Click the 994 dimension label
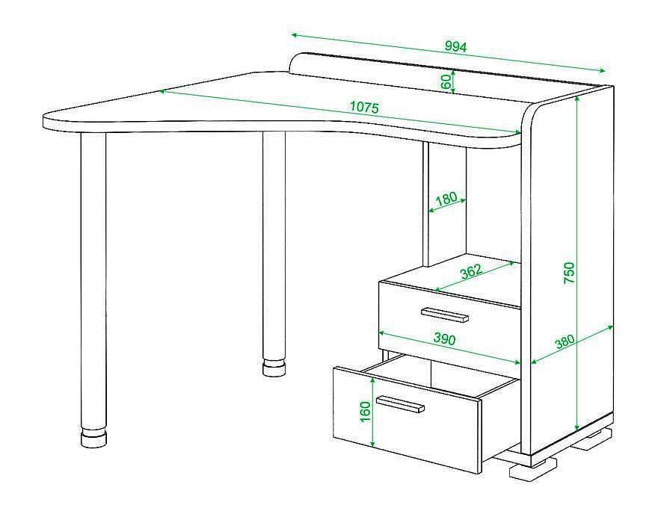[x=455, y=46]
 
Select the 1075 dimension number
[x=364, y=108]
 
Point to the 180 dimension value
[x=446, y=199]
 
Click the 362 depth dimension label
[x=471, y=272]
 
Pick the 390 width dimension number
[x=443, y=338]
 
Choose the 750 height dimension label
[x=569, y=272]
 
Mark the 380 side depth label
[x=565, y=341]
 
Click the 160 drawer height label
[x=366, y=412]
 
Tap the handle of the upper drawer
[x=444, y=314]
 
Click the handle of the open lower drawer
[x=400, y=404]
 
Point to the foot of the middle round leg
[x=275, y=368]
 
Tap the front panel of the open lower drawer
[x=406, y=419]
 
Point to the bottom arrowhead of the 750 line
[x=578, y=427]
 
